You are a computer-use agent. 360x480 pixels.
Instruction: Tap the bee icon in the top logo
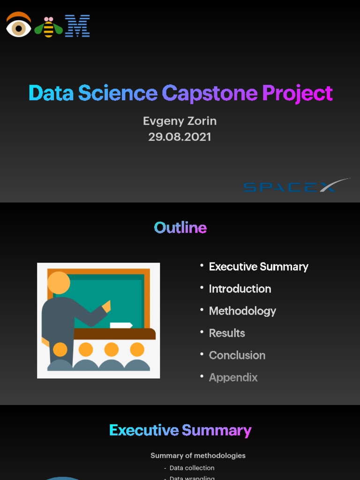[48, 27]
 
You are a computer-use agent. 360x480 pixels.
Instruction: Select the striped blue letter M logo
[77, 26]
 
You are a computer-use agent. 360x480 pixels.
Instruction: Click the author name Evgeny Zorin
[180, 121]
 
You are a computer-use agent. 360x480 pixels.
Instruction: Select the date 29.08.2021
[180, 137]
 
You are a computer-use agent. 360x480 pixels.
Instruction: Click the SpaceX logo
[296, 186]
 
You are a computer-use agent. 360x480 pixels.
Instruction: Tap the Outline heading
[180, 228]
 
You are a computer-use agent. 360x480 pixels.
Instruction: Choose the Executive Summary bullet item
[258, 267]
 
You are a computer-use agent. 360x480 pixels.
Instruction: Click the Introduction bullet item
[240, 289]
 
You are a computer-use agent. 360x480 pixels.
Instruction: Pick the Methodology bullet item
[242, 311]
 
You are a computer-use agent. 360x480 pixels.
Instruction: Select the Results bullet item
[227, 333]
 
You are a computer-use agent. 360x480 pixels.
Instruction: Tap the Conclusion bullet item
[237, 355]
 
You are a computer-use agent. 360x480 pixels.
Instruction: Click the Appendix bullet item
[233, 377]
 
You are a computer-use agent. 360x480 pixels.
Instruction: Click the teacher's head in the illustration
[59, 283]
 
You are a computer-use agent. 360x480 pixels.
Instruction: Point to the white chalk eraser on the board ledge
[121, 325]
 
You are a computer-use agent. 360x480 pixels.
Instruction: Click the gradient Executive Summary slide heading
[180, 430]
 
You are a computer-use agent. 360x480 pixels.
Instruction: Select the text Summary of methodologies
[198, 456]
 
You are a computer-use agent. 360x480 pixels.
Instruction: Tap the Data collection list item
[192, 468]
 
